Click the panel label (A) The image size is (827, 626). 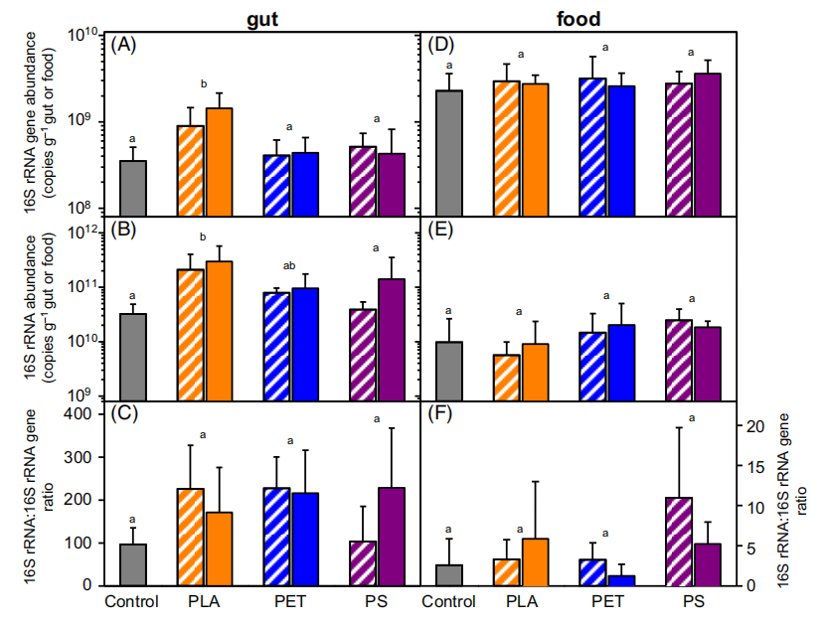(x=123, y=45)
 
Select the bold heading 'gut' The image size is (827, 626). (x=261, y=17)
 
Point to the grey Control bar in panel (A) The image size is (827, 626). (x=133, y=188)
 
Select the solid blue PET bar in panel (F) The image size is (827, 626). (x=621, y=580)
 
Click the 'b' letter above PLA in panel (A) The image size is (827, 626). (x=203, y=83)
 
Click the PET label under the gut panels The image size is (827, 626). (x=289, y=602)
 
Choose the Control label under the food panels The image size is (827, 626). (x=449, y=602)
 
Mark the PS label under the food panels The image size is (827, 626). (x=692, y=602)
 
